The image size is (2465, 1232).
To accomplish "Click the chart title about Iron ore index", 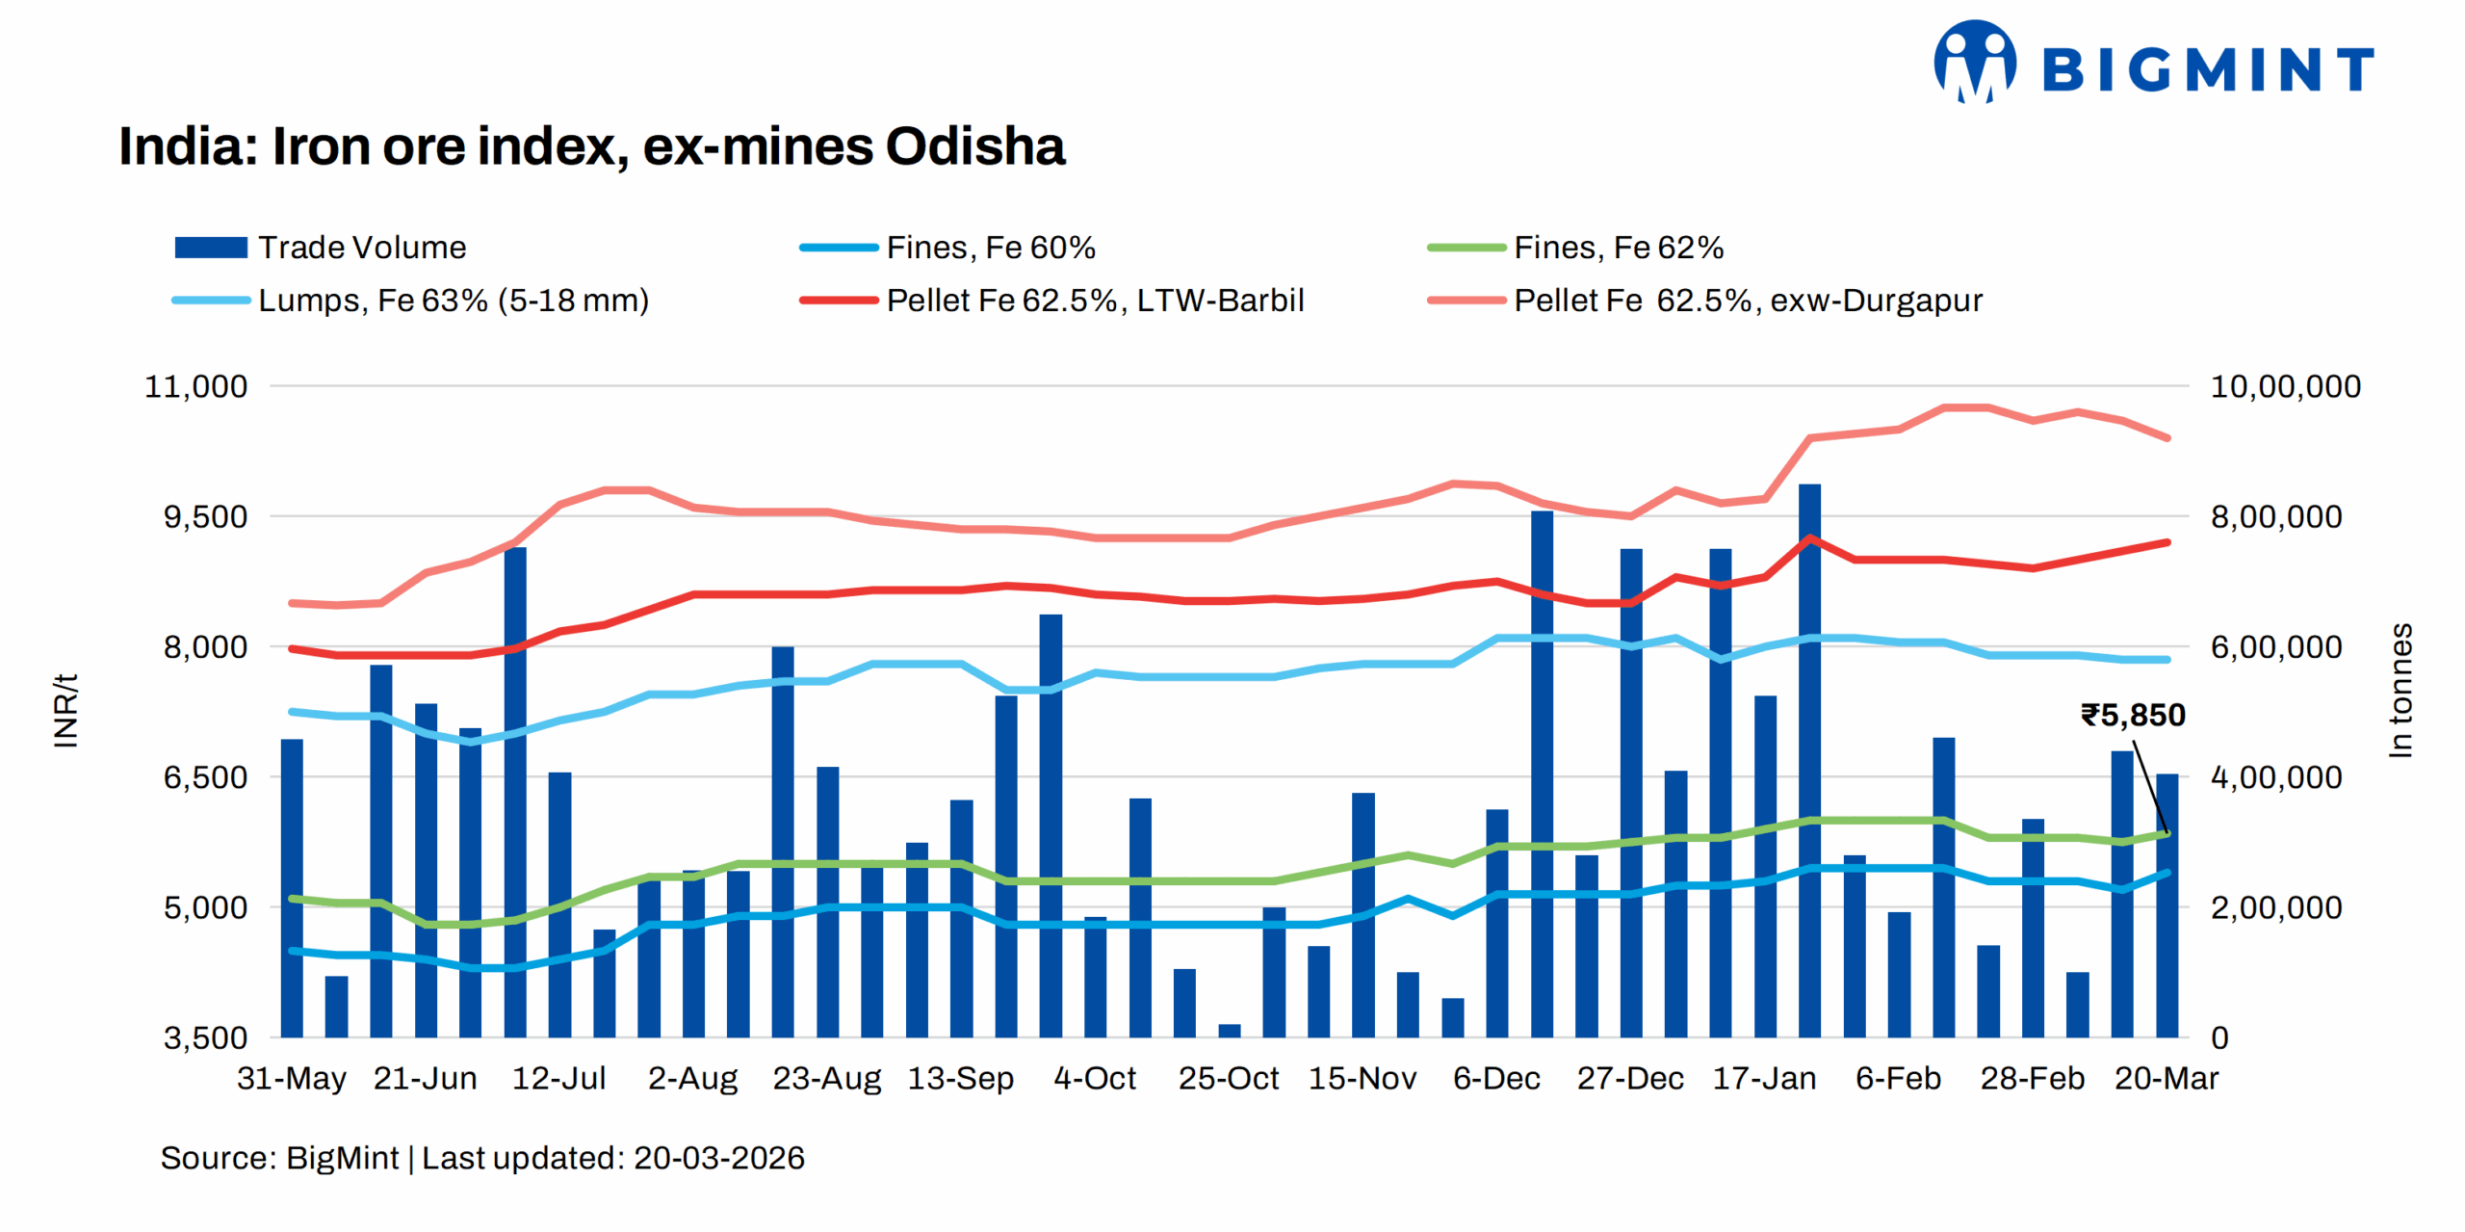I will (591, 146).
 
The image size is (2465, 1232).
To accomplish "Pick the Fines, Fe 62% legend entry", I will (1575, 248).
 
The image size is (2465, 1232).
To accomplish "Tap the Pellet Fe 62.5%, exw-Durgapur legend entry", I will (1704, 301).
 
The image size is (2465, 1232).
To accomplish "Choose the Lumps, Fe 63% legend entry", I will (410, 301).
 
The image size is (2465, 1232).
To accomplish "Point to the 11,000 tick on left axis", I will (195, 386).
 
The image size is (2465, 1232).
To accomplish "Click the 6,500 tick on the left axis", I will (204, 777).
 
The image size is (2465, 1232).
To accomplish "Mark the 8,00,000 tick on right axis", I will (2275, 517).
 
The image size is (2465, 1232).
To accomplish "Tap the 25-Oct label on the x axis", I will (1229, 1078).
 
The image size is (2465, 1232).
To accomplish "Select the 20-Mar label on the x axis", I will (2166, 1078).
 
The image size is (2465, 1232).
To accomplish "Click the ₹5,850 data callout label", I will (2132, 715).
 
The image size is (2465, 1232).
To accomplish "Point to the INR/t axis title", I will (65, 710).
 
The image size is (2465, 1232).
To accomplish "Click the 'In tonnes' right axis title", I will (2400, 690).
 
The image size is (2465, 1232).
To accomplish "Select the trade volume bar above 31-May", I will (292, 886).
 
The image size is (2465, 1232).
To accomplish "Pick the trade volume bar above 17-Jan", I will (1765, 867).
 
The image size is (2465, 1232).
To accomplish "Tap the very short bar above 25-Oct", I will (1230, 1030).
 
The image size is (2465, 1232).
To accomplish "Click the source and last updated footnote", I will (481, 1158).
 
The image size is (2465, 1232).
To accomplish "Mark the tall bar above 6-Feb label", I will (1899, 973).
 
